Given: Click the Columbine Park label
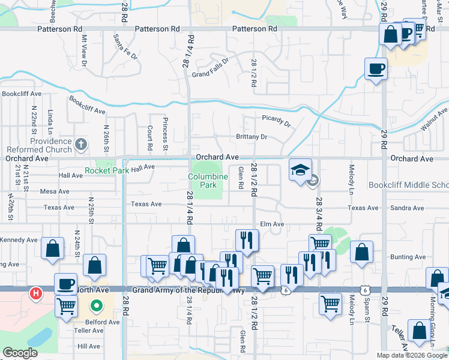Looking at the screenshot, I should pyautogui.click(x=208, y=181).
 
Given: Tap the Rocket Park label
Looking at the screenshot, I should pyautogui.click(x=107, y=171).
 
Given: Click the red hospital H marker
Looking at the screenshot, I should pyautogui.click(x=36, y=293).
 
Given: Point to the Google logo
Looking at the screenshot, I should pyautogui.click(x=20, y=353).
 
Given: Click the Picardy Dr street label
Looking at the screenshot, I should pyautogui.click(x=276, y=121).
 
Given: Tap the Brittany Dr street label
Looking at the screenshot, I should pyautogui.click(x=252, y=137).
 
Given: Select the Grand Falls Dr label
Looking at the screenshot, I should pyautogui.click(x=211, y=67).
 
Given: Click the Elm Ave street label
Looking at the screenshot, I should pyautogui.click(x=271, y=224).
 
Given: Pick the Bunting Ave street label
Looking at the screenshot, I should pyautogui.click(x=408, y=257).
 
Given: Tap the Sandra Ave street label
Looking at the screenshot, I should pyautogui.click(x=407, y=208).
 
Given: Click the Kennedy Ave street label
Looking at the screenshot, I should pyautogui.click(x=19, y=240).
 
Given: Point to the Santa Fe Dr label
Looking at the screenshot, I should pyautogui.click(x=125, y=47).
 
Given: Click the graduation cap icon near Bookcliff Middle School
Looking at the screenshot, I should pyautogui.click(x=300, y=170).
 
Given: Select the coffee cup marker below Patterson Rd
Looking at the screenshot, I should pyautogui.click(x=376, y=68).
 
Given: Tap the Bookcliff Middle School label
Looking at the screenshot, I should pyautogui.click(x=408, y=185).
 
